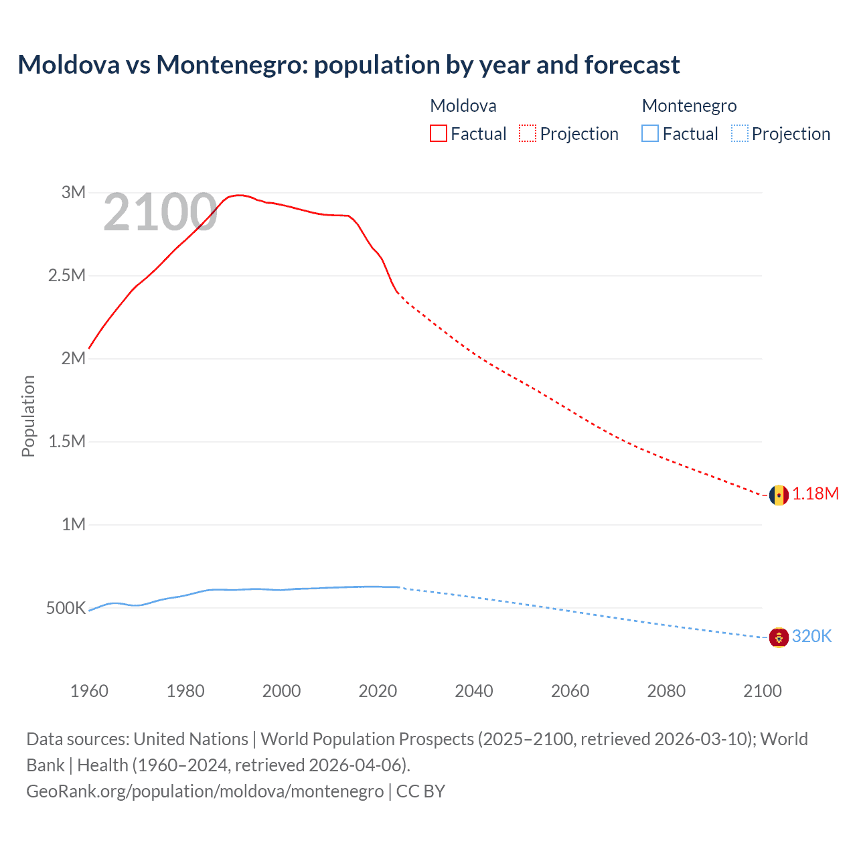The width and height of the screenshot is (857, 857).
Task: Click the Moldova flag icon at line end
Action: (x=778, y=495)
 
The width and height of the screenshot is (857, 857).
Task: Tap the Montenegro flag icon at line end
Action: (x=778, y=637)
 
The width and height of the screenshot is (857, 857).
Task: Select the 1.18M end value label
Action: (x=815, y=494)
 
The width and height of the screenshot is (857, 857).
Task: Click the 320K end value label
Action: (x=811, y=637)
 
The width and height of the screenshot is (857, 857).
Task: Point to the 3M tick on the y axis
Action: (x=74, y=193)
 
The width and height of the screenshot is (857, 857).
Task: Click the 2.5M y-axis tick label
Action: (x=67, y=276)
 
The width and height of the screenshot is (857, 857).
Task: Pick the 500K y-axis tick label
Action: (x=66, y=609)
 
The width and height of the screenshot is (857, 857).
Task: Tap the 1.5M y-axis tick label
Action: (x=67, y=442)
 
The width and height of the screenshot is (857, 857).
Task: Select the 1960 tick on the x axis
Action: (x=89, y=691)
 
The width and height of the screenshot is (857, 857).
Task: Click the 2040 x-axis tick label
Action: (x=474, y=691)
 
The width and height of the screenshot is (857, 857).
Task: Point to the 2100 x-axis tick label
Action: (x=762, y=691)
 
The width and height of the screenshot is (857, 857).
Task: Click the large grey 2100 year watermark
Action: (x=160, y=213)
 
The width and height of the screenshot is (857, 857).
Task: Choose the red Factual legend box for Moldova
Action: (x=439, y=133)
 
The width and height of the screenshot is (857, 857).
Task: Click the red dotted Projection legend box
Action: (x=528, y=133)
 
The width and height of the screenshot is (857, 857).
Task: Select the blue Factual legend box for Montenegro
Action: (x=650, y=133)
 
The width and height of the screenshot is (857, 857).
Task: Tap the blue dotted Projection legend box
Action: (x=739, y=133)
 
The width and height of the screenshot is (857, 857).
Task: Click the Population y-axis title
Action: (x=28, y=416)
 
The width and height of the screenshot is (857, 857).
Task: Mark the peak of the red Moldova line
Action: (x=240, y=195)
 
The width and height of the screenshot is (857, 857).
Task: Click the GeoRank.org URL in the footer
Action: (x=205, y=791)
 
